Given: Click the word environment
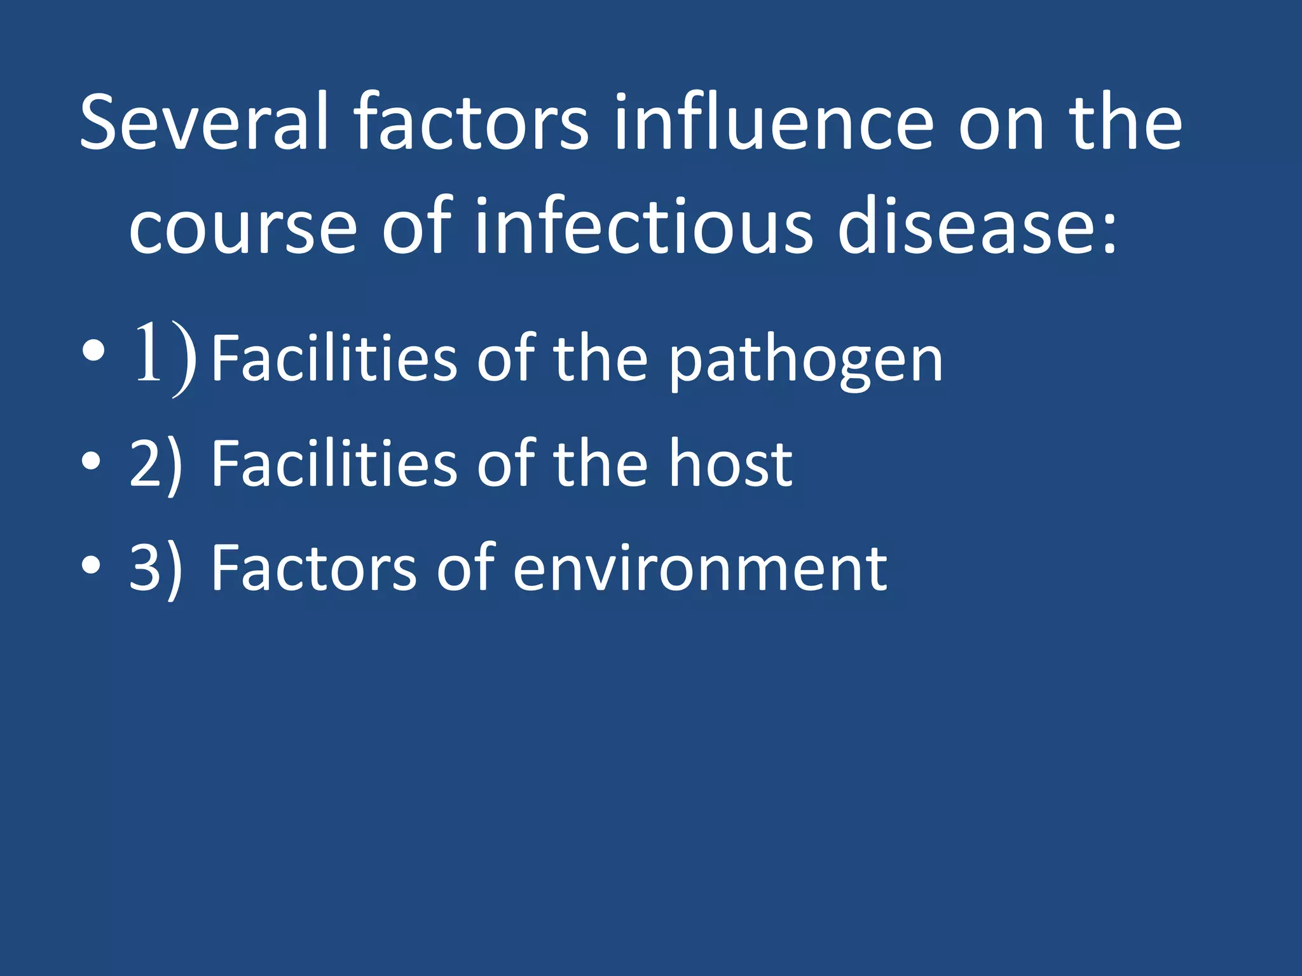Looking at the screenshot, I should coord(699,569).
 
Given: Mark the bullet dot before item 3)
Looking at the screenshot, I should coord(91,566).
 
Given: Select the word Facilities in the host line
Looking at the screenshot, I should coord(334,464).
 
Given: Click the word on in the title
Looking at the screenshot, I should coord(1001,127).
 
